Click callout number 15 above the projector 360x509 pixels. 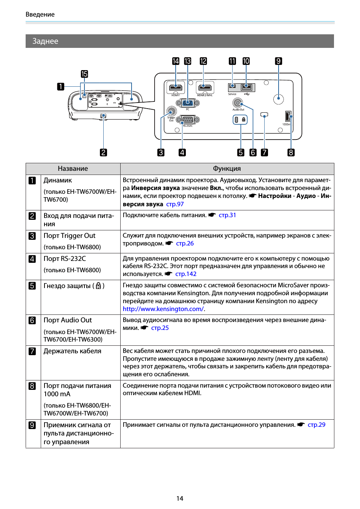pos(84,74)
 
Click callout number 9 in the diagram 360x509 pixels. pos(279,61)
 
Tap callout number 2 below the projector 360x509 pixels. pos(103,152)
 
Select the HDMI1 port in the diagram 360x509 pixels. pos(176,88)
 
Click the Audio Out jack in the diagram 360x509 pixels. pos(238,102)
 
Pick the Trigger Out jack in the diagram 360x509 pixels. pos(172,111)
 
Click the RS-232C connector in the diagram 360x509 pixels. pos(188,120)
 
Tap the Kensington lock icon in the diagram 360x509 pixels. pos(244,120)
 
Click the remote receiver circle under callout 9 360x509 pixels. pos(279,99)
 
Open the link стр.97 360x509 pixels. pos(175,204)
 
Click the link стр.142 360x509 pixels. pos(186,274)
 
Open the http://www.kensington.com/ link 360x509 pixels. pos(163,309)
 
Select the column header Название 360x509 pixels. pos(73,169)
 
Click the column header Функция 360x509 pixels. pos(227,169)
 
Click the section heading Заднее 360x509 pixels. pos(45,41)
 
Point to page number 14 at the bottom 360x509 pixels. pos(180,498)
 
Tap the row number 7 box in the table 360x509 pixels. pos(32,351)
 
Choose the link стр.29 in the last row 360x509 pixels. pos(316,425)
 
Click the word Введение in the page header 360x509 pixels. pos(40,14)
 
